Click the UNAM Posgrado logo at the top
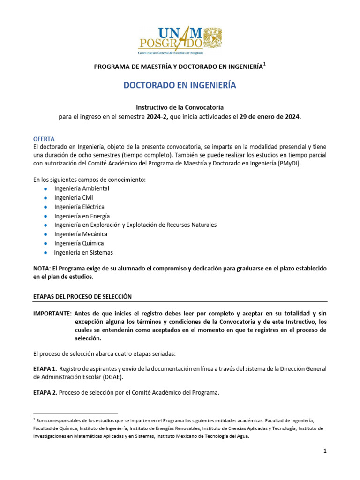[x=180, y=40]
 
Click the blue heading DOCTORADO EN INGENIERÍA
[x=180, y=86]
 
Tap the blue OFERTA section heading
[x=44, y=139]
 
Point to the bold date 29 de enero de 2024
[x=270, y=117]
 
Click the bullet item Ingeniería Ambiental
[x=82, y=188]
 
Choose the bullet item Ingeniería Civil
[x=74, y=198]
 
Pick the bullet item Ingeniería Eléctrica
[x=79, y=207]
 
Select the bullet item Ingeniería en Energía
[x=82, y=216]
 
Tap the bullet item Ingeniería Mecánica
[x=81, y=234]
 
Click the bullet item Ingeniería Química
[x=79, y=243]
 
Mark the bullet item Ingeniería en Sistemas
[x=83, y=252]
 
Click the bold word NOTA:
[x=43, y=268]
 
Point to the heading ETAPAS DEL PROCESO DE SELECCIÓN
[x=82, y=297]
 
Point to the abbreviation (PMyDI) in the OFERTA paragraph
[x=289, y=164]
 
